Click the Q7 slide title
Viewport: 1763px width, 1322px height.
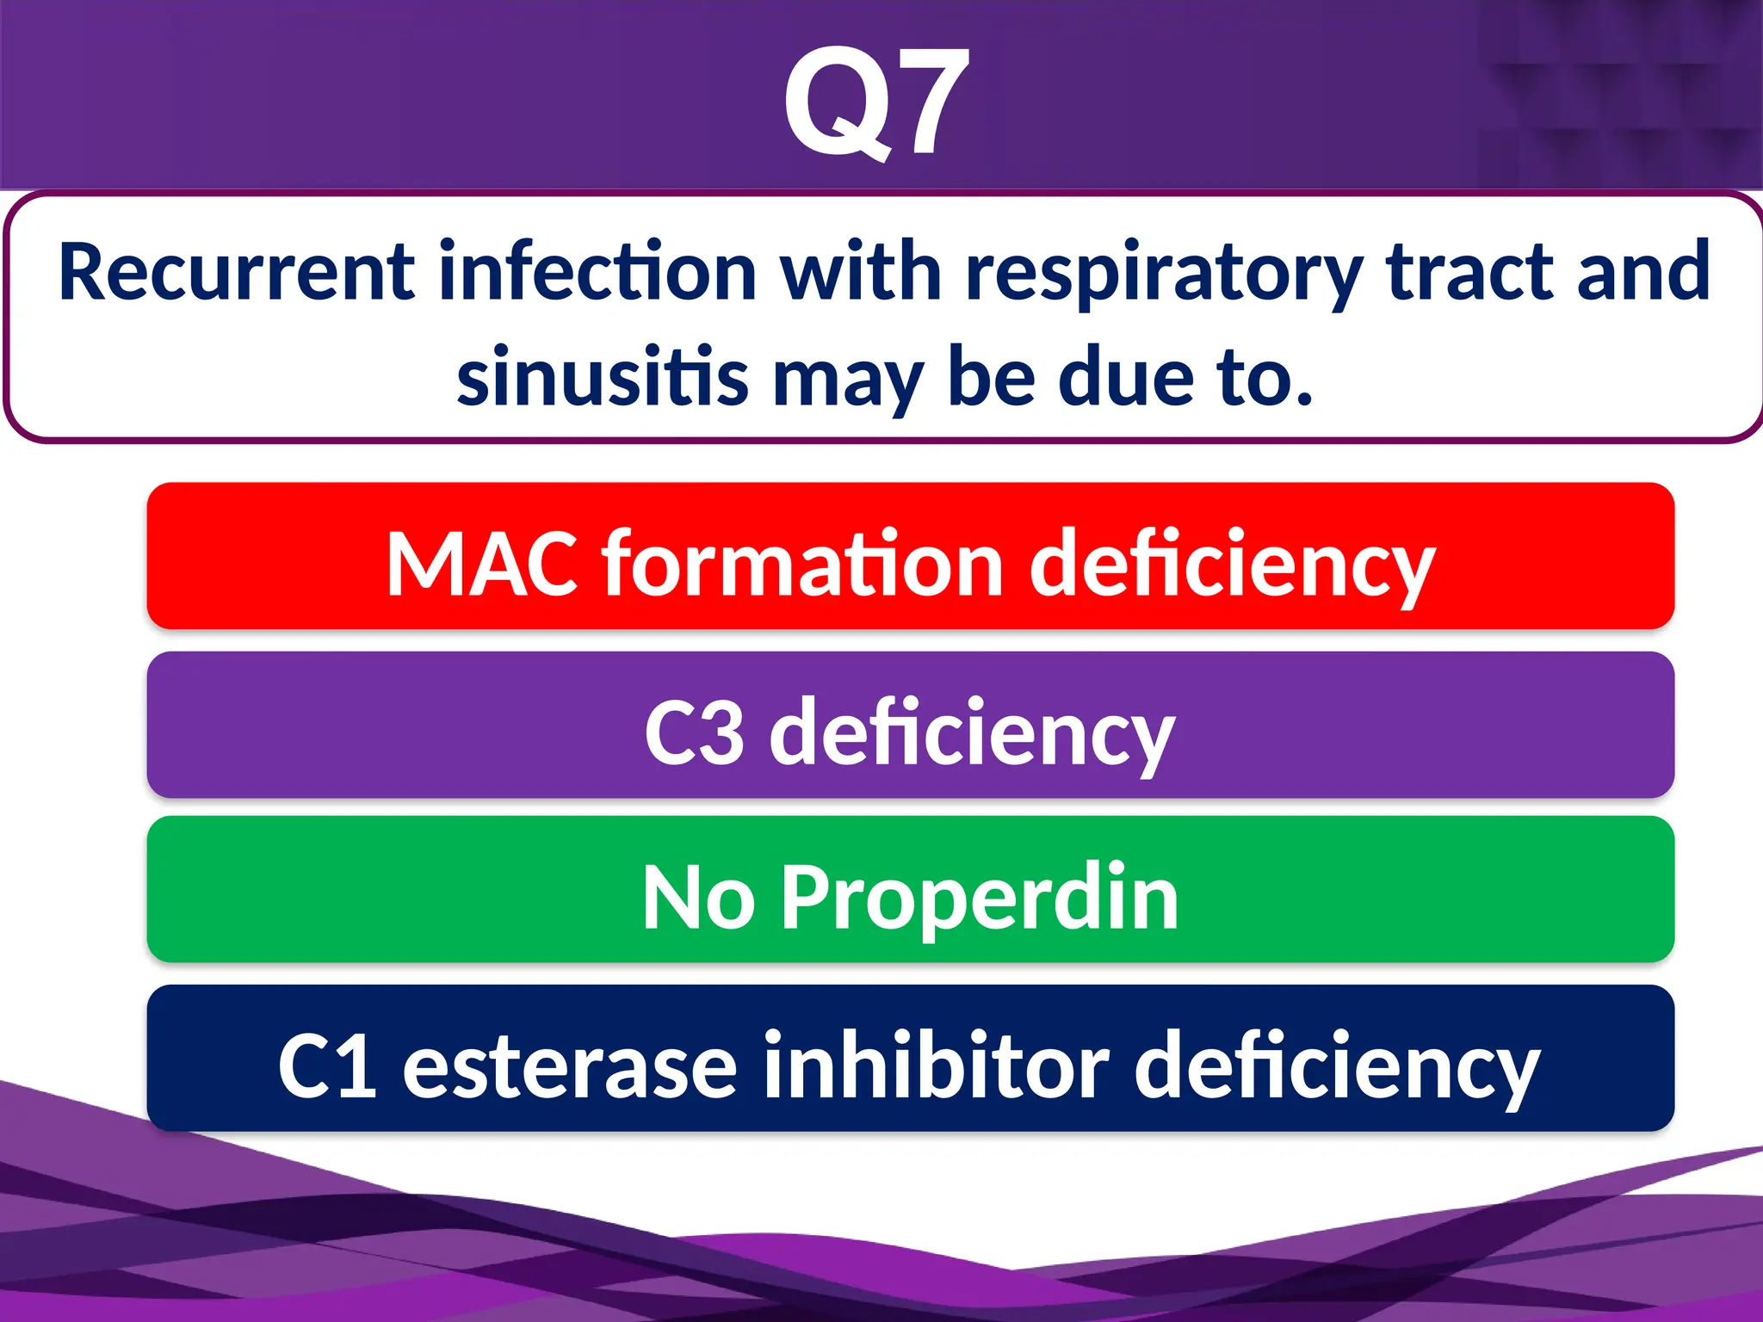pyautogui.click(x=876, y=103)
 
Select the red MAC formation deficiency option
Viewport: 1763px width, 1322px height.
pyautogui.click(x=910, y=556)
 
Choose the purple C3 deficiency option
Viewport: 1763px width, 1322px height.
pyautogui.click(x=910, y=725)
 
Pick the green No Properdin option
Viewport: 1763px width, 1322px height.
pyautogui.click(x=910, y=890)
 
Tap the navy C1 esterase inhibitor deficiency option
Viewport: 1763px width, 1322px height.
pyautogui.click(x=910, y=1059)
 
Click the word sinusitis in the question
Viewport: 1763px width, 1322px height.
pyautogui.click(x=603, y=376)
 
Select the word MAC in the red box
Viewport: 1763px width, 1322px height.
pyautogui.click(x=482, y=565)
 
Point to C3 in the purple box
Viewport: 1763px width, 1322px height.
pyautogui.click(x=694, y=733)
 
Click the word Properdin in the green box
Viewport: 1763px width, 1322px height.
pyautogui.click(x=980, y=899)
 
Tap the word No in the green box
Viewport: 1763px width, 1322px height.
pyautogui.click(x=698, y=899)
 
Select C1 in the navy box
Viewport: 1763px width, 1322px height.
pyautogui.click(x=327, y=1067)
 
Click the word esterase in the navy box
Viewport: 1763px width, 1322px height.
pyautogui.click(x=570, y=1067)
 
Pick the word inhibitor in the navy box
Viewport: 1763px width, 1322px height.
pyautogui.click(x=936, y=1066)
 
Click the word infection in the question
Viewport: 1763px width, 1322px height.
pyautogui.click(x=597, y=272)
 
